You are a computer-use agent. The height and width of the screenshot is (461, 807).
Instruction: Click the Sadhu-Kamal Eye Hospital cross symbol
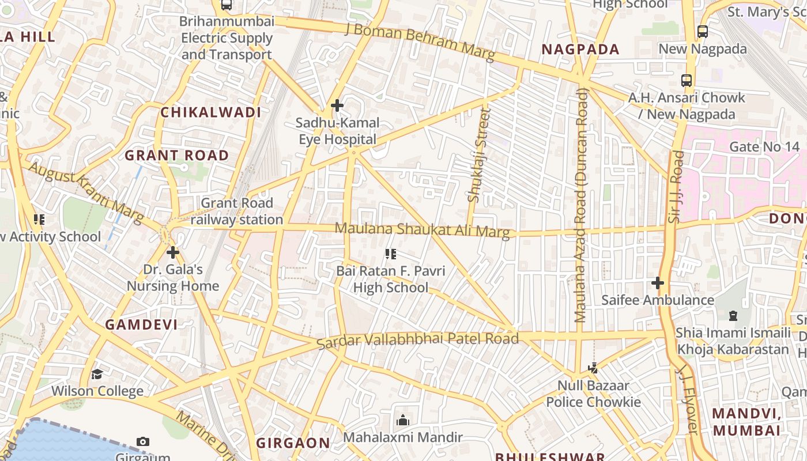pyautogui.click(x=337, y=105)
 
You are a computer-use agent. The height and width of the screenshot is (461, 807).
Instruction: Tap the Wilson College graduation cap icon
pyautogui.click(x=97, y=374)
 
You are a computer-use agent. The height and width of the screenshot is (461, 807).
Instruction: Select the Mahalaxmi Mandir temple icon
pyautogui.click(x=403, y=420)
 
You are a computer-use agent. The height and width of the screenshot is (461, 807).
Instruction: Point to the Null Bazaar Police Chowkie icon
pyautogui.click(x=593, y=368)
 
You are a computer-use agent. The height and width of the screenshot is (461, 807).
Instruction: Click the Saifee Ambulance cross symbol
pyautogui.click(x=657, y=283)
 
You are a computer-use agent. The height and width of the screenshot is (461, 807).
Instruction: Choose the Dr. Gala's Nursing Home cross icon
pyautogui.click(x=173, y=252)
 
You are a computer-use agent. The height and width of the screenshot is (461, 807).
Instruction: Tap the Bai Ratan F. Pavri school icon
pyautogui.click(x=391, y=254)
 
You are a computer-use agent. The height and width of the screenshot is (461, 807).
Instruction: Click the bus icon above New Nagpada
pyautogui.click(x=702, y=32)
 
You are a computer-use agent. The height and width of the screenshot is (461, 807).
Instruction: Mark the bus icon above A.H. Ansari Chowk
pyautogui.click(x=686, y=80)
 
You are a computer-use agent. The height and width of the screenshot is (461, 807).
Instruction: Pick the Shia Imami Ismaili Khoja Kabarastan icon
pyautogui.click(x=733, y=316)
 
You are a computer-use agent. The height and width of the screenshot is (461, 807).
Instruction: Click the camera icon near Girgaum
pyautogui.click(x=143, y=442)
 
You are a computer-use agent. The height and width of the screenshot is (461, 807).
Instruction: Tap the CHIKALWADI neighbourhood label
pyautogui.click(x=211, y=112)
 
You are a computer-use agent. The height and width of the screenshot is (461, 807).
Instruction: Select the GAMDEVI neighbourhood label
pyautogui.click(x=141, y=324)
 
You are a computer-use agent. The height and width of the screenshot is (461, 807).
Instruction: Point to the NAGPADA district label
pyautogui.click(x=580, y=50)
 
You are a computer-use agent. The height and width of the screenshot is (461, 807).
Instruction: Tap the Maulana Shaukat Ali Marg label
pyautogui.click(x=422, y=229)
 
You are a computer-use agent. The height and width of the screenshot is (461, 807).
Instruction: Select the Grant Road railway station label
pyautogui.click(x=237, y=211)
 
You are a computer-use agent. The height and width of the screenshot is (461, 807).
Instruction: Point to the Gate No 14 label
pyautogui.click(x=764, y=147)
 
